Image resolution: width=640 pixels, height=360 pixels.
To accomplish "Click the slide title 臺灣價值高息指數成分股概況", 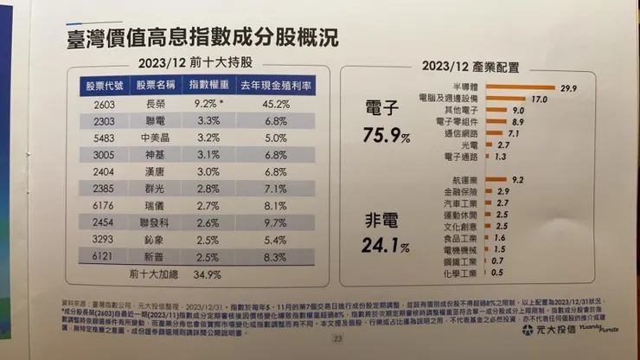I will (x=202, y=39).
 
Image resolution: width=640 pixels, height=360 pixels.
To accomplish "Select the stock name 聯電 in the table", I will (x=156, y=122).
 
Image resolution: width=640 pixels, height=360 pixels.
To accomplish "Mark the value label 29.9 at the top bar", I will (x=568, y=88).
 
